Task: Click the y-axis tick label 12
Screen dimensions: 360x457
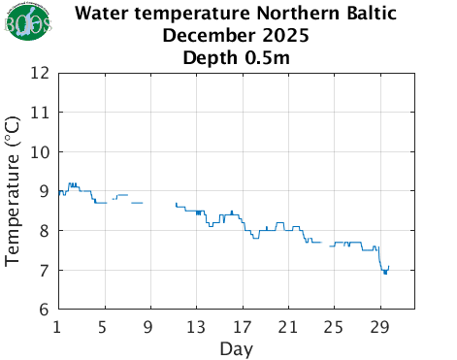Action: [x=40, y=73]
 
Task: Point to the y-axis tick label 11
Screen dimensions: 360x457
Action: [x=40, y=113]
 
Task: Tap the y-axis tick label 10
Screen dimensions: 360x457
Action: [x=40, y=152]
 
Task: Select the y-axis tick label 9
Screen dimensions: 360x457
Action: [x=45, y=191]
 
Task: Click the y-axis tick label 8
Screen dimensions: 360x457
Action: [x=45, y=231]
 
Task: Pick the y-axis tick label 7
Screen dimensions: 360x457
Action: [x=45, y=271]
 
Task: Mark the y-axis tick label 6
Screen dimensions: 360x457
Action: [x=45, y=311]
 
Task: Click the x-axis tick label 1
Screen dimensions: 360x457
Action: [x=58, y=326]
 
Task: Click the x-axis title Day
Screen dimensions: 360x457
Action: [x=237, y=347]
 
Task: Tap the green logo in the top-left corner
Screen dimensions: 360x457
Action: [x=20, y=23]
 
